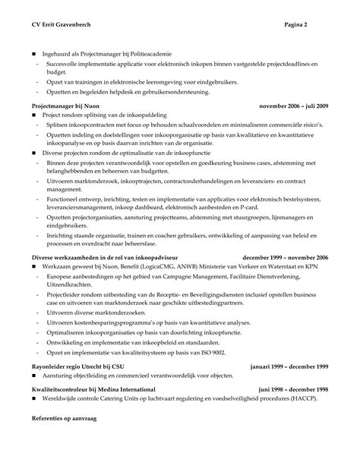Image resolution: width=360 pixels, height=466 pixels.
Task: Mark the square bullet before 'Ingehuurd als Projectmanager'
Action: [33, 55]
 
